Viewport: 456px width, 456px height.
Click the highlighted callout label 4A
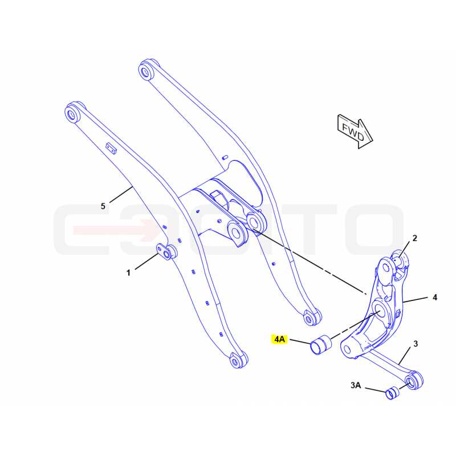coord(279,339)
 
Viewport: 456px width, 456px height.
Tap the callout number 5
coord(103,206)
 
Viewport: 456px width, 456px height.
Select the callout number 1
coord(128,273)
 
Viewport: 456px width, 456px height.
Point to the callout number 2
coord(415,238)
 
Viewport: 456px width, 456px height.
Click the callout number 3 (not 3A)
coord(416,344)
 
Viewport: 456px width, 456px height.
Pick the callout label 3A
coord(356,385)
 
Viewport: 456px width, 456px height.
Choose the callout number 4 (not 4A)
coord(435,297)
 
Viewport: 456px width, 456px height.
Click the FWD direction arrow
coord(355,132)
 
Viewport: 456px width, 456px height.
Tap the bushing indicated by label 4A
coord(321,345)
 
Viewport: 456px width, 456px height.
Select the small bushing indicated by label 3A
coord(392,393)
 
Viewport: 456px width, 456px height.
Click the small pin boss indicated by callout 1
coord(166,252)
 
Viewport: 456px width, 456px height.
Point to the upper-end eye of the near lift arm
coord(72,113)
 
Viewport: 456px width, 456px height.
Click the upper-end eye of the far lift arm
coord(146,70)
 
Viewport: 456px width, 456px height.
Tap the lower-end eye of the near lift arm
coord(238,360)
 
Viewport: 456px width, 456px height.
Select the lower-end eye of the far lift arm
coord(311,317)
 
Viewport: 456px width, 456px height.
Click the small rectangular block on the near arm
coord(111,148)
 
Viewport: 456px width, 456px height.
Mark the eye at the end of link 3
coord(413,380)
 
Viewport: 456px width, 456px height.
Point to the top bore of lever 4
coord(386,268)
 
